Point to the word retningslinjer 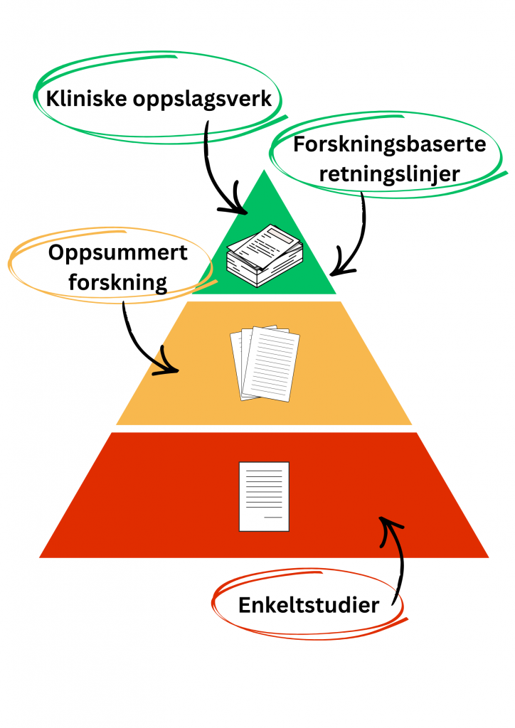390,173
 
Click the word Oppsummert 118,252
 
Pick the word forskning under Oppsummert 117,282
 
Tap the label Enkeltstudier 308,605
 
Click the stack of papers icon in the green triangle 264,255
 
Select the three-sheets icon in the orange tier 264,363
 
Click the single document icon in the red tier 264,496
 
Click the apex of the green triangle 264,173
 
